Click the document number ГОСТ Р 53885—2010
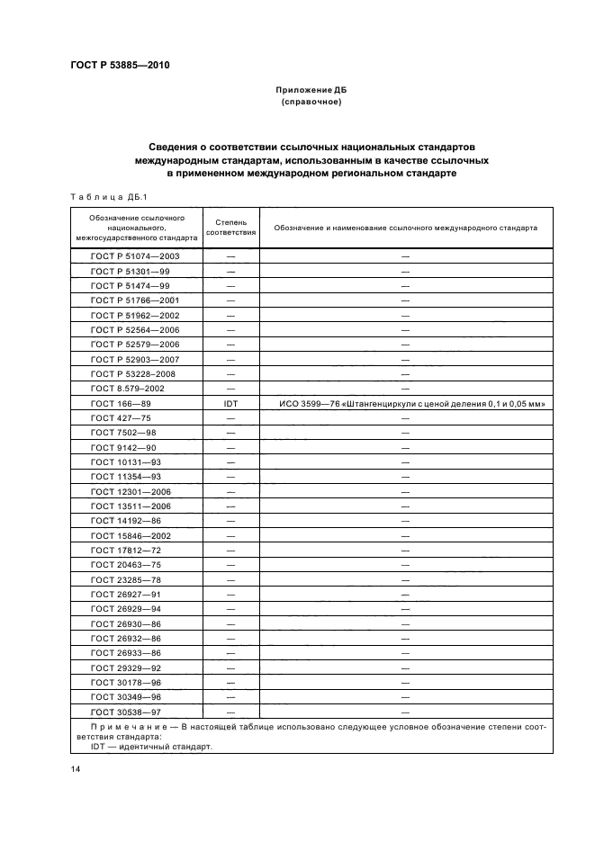click(120, 66)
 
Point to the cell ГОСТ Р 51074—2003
click(135, 256)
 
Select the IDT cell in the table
click(231, 404)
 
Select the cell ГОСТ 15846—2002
click(131, 536)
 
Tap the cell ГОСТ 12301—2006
click(131, 492)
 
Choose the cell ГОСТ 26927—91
click(127, 595)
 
